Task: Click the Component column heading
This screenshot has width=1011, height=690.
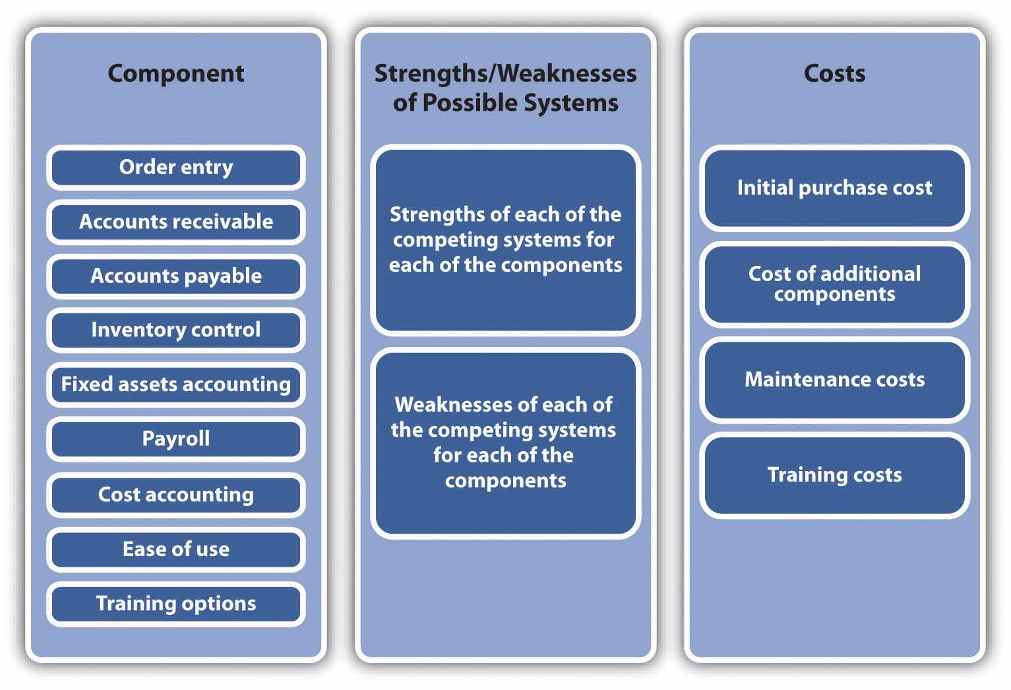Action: point(175,73)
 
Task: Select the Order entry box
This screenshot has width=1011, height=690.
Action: point(175,168)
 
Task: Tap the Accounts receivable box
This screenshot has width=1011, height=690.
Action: point(175,222)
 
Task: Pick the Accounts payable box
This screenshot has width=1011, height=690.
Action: point(175,276)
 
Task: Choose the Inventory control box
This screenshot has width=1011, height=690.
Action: point(175,330)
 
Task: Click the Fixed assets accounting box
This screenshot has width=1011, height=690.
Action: point(175,384)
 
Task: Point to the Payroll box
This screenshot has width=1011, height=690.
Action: point(175,439)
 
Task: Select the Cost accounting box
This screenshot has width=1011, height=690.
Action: point(175,494)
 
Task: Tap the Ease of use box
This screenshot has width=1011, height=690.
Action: point(175,549)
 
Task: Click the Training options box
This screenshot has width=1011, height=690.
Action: point(175,604)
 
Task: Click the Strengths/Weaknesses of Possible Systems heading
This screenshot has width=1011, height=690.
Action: point(505,88)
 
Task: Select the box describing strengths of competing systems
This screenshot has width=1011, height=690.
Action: point(505,239)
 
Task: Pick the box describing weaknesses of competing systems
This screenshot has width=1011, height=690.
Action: point(505,442)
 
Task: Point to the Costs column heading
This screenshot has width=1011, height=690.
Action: point(834,73)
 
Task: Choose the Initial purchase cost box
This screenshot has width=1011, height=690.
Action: point(834,188)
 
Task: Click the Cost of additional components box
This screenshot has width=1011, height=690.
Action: point(834,284)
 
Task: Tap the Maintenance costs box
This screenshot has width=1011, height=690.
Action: point(834,379)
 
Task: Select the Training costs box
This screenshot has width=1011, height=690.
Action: point(834,475)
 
